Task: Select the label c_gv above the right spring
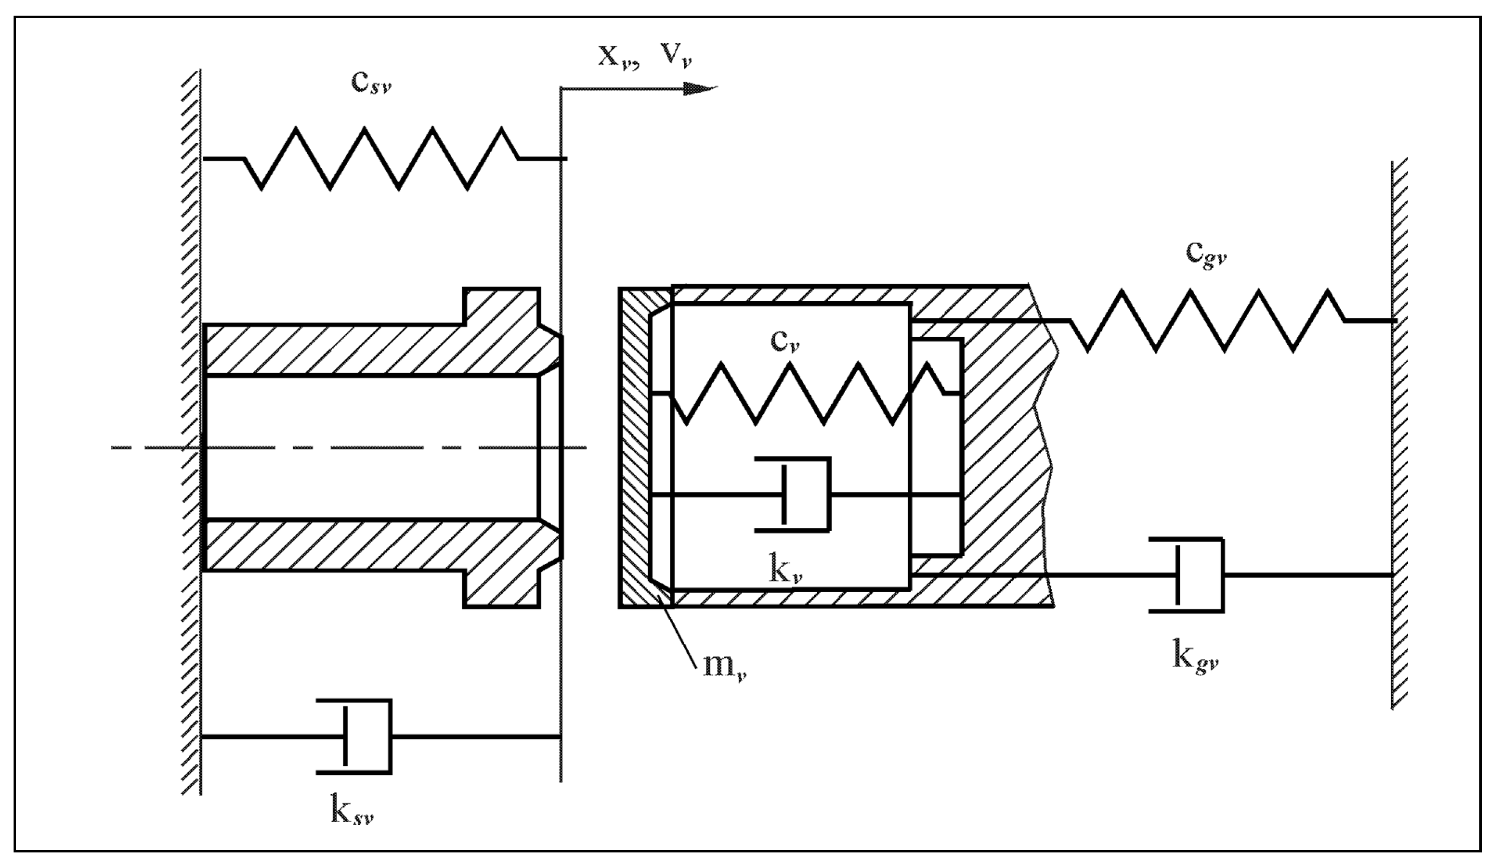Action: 1206,254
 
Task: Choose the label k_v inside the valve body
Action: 785,571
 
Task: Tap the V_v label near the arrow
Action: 677,56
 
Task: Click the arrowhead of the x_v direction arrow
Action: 700,89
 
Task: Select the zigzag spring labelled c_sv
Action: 383,158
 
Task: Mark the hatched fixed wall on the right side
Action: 1399,434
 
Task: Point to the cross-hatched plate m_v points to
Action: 634,446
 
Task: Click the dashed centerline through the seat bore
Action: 356,447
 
